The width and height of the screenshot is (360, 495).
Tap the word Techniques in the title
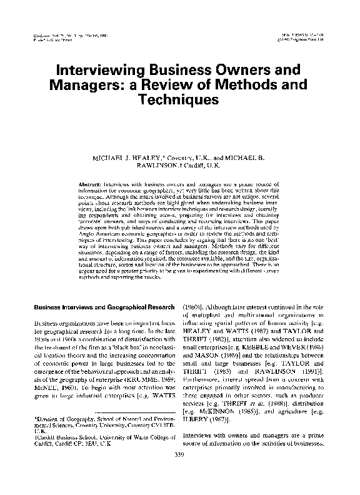180,99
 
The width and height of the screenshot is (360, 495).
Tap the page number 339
180,471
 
